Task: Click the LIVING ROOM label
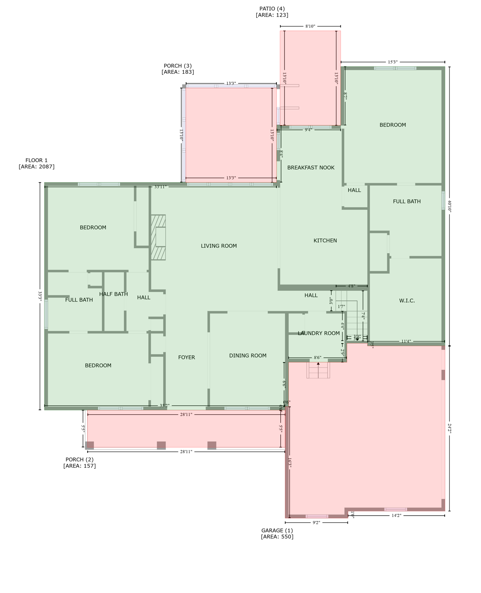pyautogui.click(x=218, y=246)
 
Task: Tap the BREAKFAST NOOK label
pyautogui.click(x=311, y=168)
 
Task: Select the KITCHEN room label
pyautogui.click(x=325, y=241)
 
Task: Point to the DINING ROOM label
pyautogui.click(x=247, y=356)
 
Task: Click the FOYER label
pyautogui.click(x=186, y=357)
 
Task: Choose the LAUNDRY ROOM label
pyautogui.click(x=319, y=333)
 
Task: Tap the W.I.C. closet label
pyautogui.click(x=407, y=301)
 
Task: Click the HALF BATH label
pyautogui.click(x=113, y=294)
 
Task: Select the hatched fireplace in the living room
pyautogui.click(x=158, y=237)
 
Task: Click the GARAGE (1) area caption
pyautogui.click(x=277, y=534)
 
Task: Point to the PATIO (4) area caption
pyautogui.click(x=272, y=12)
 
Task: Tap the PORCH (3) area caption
pyautogui.click(x=178, y=69)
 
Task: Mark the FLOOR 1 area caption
pyautogui.click(x=37, y=163)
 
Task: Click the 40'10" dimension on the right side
pyautogui.click(x=449, y=206)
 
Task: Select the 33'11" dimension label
pyautogui.click(x=160, y=187)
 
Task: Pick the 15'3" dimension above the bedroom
pyautogui.click(x=393, y=62)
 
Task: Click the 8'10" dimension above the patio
pyautogui.click(x=310, y=26)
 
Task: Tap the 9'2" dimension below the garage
pyautogui.click(x=316, y=523)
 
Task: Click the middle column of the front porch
pyautogui.click(x=161, y=445)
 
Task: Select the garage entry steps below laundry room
pyautogui.click(x=318, y=370)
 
